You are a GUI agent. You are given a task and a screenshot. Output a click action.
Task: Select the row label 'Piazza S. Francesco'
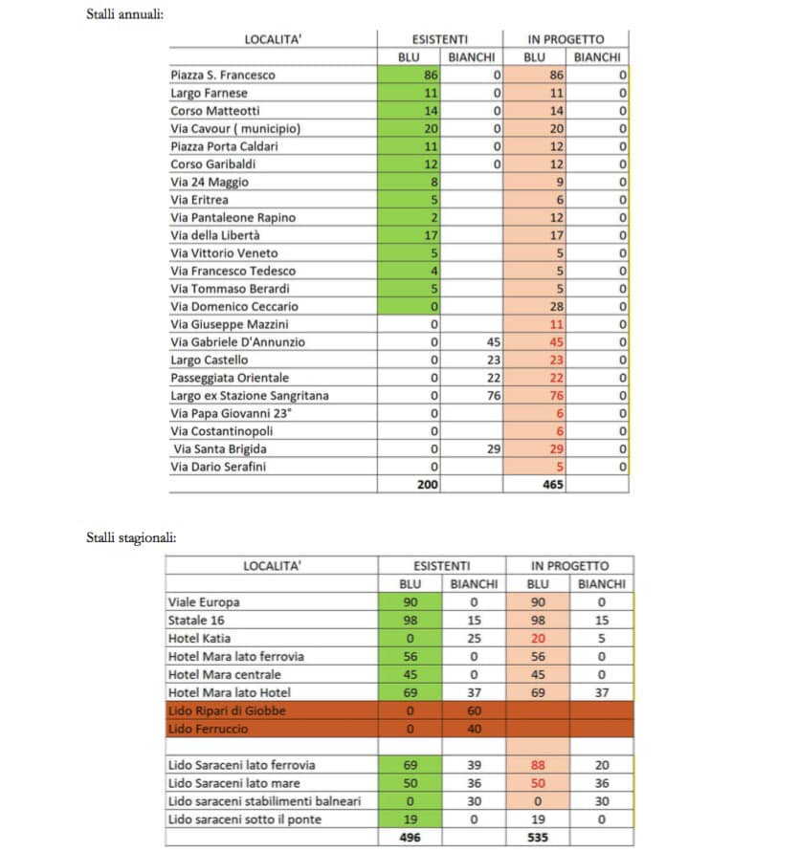(223, 75)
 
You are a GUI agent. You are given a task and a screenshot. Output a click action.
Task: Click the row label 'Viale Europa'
(204, 602)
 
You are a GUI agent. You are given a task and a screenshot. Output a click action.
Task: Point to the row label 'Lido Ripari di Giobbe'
(227, 710)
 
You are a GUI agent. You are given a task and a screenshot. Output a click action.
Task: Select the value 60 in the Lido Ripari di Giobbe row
(473, 710)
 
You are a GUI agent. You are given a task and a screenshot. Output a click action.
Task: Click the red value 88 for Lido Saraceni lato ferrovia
(539, 765)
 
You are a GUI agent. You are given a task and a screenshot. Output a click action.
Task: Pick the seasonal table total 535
(539, 837)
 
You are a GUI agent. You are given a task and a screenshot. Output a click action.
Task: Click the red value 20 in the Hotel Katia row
(539, 638)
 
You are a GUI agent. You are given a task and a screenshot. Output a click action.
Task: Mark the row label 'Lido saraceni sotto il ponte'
(245, 819)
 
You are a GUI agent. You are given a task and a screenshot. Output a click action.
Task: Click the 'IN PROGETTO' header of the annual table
(566, 39)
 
